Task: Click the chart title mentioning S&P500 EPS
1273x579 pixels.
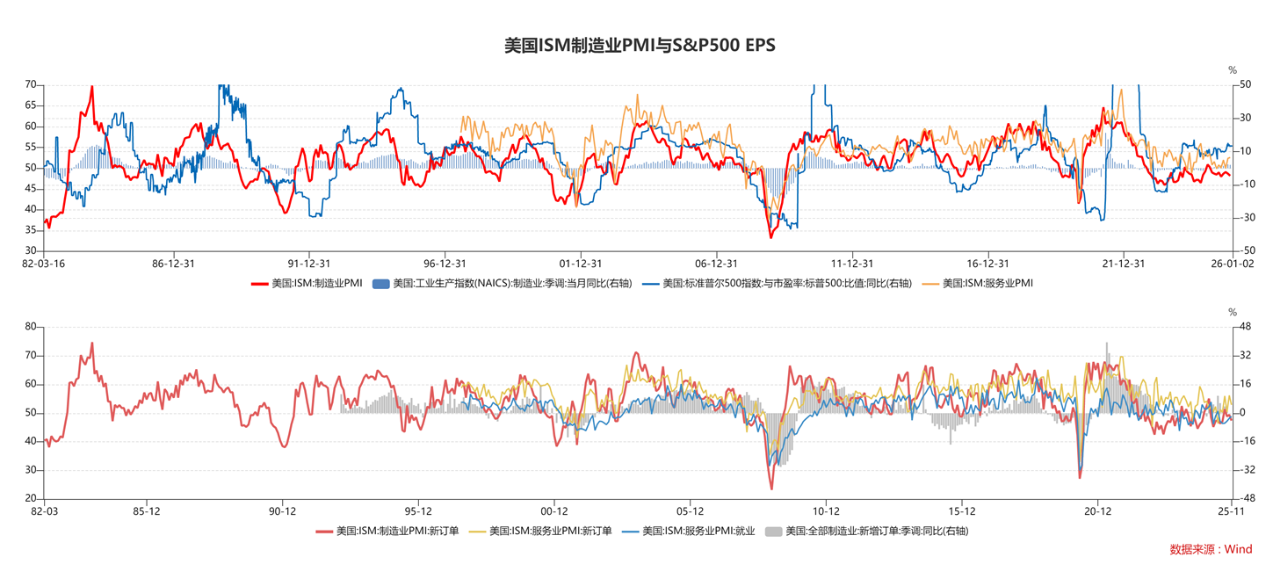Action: click(640, 46)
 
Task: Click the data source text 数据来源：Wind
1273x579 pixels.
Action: click(1211, 549)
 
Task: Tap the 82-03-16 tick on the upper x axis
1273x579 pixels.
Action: click(44, 263)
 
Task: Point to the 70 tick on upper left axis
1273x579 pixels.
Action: click(31, 84)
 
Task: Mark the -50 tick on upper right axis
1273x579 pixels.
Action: click(1244, 250)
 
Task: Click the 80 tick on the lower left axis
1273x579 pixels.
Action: click(31, 327)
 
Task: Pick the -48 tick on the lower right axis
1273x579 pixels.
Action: click(1244, 498)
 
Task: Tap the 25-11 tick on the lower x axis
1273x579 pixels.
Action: click(1229, 510)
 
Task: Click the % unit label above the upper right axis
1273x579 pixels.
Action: click(1233, 69)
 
